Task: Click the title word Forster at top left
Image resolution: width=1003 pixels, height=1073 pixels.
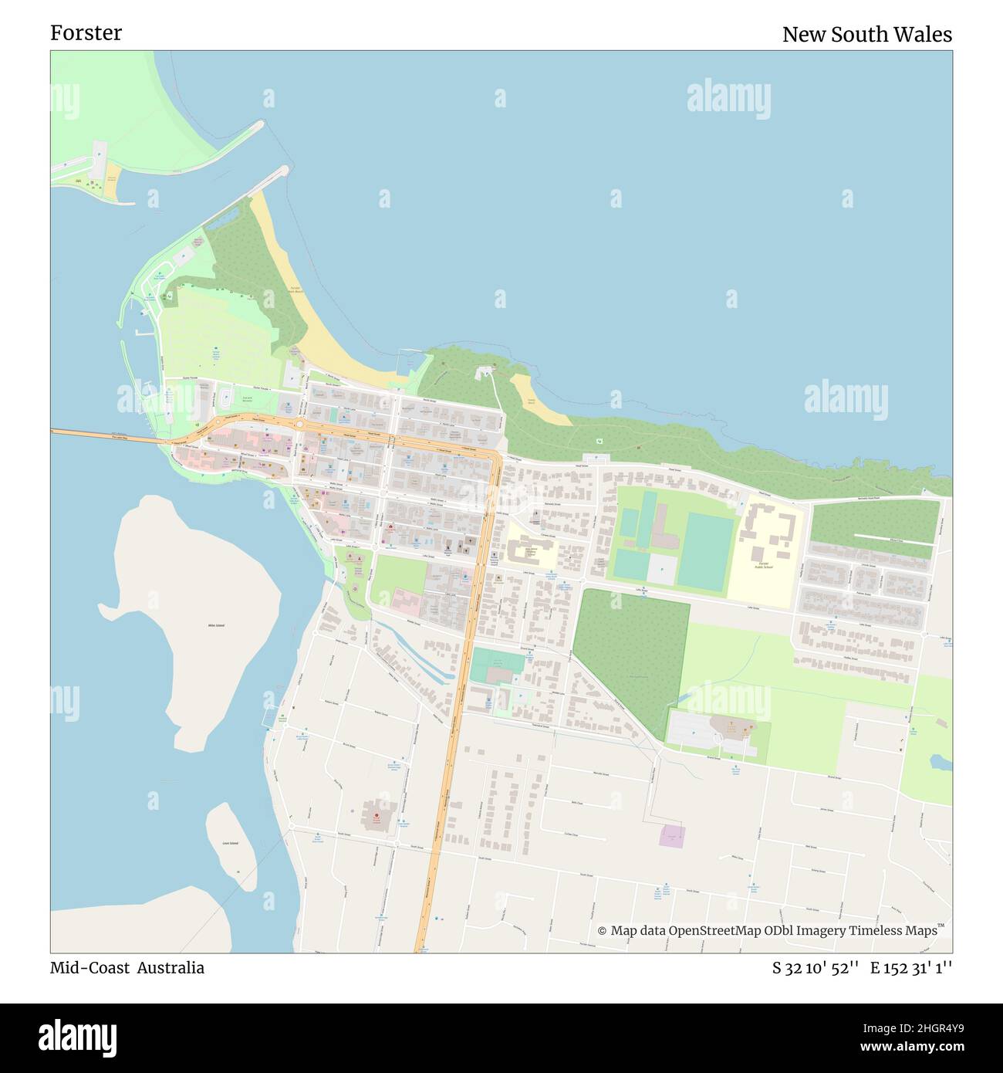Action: click(86, 33)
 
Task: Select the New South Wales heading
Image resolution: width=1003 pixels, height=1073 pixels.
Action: click(866, 35)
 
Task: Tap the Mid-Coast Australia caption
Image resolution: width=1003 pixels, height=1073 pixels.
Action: click(127, 968)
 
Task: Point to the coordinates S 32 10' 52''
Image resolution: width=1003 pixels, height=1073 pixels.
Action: click(816, 968)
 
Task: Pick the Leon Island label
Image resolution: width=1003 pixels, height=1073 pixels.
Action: click(230, 844)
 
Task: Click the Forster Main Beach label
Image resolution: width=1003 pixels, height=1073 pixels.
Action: click(295, 289)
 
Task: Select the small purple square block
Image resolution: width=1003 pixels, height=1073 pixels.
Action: click(673, 835)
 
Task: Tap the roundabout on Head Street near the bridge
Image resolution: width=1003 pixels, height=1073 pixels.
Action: click(299, 424)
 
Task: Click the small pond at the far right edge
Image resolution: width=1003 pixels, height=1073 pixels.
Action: click(941, 762)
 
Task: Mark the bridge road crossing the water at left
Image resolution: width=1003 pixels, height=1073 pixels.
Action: click(108, 436)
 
